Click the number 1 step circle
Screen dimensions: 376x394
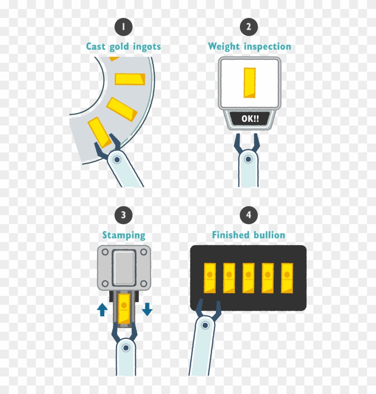[123, 27]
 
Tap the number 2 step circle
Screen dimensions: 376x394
[248, 27]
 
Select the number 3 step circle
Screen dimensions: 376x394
[123, 215]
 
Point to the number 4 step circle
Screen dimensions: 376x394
[248, 215]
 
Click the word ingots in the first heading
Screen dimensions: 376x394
[147, 47]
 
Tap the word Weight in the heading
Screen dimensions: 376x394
[224, 47]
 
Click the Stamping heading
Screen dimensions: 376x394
[124, 236]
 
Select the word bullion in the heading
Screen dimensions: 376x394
[269, 235]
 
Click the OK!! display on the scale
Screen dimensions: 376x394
[250, 119]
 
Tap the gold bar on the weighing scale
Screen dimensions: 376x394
[249, 82]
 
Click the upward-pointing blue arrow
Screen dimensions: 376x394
[102, 309]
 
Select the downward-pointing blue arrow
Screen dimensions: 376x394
[147, 309]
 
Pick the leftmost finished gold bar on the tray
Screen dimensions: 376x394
[210, 278]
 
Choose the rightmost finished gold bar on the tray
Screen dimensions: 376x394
[287, 278]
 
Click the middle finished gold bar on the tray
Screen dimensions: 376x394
[248, 278]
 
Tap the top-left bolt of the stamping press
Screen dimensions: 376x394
[105, 252]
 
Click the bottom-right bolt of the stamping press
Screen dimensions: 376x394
[144, 284]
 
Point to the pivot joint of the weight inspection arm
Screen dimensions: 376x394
[248, 159]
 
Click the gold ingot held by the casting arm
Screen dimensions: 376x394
[99, 132]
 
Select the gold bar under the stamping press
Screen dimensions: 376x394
[124, 309]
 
